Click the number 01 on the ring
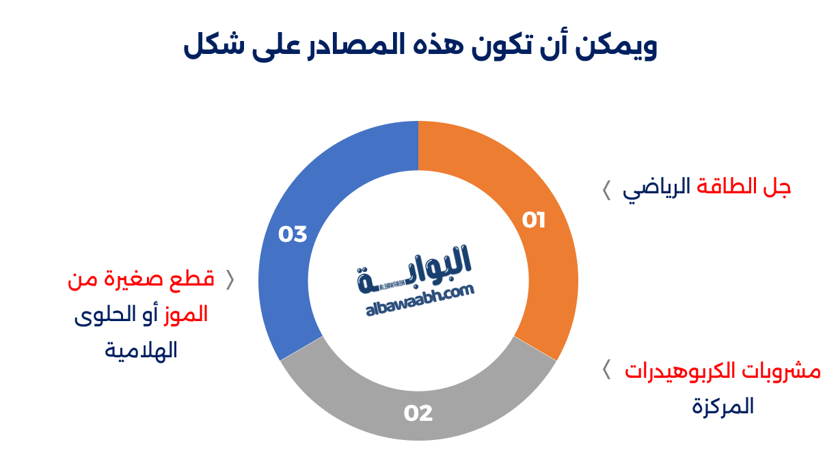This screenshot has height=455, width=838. click(x=534, y=220)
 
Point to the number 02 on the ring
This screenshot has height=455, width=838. click(x=418, y=413)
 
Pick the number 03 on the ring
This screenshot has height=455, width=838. click(x=293, y=234)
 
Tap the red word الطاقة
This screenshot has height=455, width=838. click(x=727, y=187)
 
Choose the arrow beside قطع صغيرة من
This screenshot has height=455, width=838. click(x=230, y=279)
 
